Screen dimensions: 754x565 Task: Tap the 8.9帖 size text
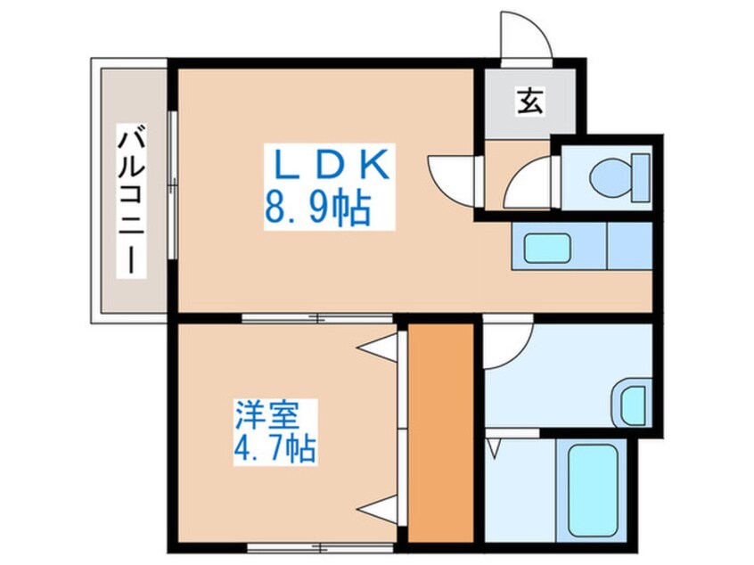[x=318, y=209]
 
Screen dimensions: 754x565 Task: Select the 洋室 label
[x=267, y=414]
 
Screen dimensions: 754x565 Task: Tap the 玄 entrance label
[x=530, y=102]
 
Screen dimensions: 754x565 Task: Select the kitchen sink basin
[x=547, y=248]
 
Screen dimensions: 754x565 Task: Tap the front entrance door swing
[x=526, y=37]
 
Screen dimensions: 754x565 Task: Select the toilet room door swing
[x=528, y=182]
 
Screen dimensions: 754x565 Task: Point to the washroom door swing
[x=509, y=342]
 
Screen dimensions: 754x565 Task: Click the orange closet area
[x=440, y=432]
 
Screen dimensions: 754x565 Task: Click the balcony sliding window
[x=173, y=185]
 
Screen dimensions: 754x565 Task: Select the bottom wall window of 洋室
[x=320, y=546]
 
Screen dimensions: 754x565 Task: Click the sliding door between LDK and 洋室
[x=317, y=318]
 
